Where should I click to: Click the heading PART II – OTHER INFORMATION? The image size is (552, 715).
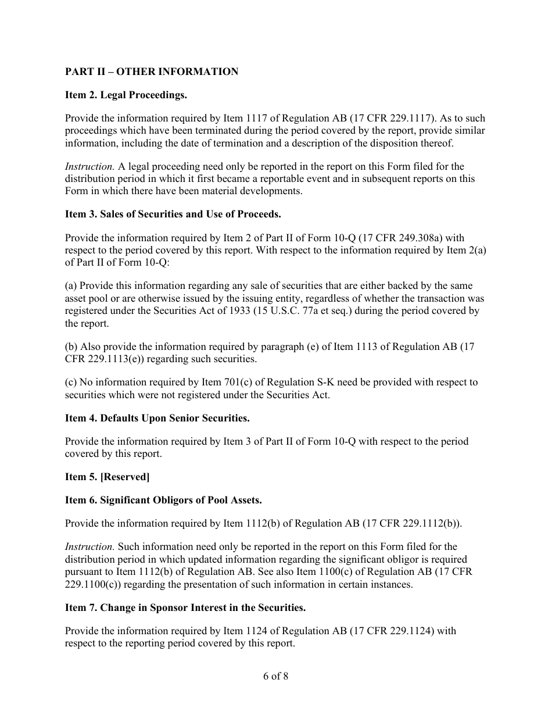click(152, 71)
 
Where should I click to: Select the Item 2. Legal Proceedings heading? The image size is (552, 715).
click(126, 95)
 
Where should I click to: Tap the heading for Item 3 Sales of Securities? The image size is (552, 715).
click(173, 214)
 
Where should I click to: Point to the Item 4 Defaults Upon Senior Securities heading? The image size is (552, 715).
click(157, 418)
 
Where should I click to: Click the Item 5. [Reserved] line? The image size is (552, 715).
click(107, 477)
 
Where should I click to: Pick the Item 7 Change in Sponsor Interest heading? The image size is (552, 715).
click(185, 607)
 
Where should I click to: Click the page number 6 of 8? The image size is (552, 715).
click(275, 676)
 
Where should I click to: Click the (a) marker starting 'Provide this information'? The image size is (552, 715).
click(71, 286)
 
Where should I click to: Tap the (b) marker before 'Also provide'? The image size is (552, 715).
click(71, 346)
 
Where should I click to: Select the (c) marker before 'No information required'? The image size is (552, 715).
click(71, 382)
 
